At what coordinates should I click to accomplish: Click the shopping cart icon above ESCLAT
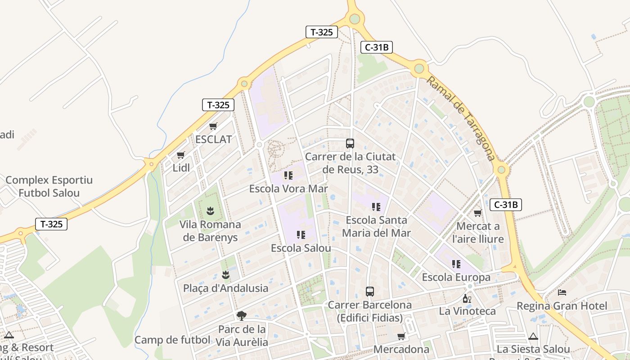pyautogui.click(x=213, y=126)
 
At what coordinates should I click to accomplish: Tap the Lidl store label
pyautogui.click(x=181, y=168)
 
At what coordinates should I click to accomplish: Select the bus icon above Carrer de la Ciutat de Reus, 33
pyautogui.click(x=350, y=144)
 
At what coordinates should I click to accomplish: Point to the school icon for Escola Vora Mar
pyautogui.click(x=288, y=175)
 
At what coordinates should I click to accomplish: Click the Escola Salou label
pyautogui.click(x=301, y=248)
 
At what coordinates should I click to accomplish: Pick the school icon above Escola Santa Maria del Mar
pyautogui.click(x=376, y=207)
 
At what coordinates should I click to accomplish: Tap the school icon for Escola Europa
pyautogui.click(x=456, y=264)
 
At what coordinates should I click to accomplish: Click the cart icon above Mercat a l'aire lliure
pyautogui.click(x=477, y=213)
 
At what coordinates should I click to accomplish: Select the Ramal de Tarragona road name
pyautogui.click(x=461, y=118)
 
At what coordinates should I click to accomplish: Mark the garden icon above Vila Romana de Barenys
pyautogui.click(x=210, y=210)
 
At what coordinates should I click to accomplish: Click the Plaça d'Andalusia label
pyautogui.click(x=225, y=288)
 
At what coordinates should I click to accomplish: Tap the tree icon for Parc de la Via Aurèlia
pyautogui.click(x=242, y=315)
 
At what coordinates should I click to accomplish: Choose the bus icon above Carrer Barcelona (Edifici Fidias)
pyautogui.click(x=369, y=292)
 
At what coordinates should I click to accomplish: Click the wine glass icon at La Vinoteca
pyautogui.click(x=467, y=298)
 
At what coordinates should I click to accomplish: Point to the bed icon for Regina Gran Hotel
pyautogui.click(x=562, y=292)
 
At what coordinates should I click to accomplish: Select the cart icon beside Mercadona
pyautogui.click(x=401, y=336)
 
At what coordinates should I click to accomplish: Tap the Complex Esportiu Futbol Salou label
pyautogui.click(x=49, y=187)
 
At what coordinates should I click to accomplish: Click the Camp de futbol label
pyautogui.click(x=172, y=340)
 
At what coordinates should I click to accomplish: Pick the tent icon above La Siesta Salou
pyautogui.click(x=533, y=336)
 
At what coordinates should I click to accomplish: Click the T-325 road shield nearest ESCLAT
pyautogui.click(x=218, y=105)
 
